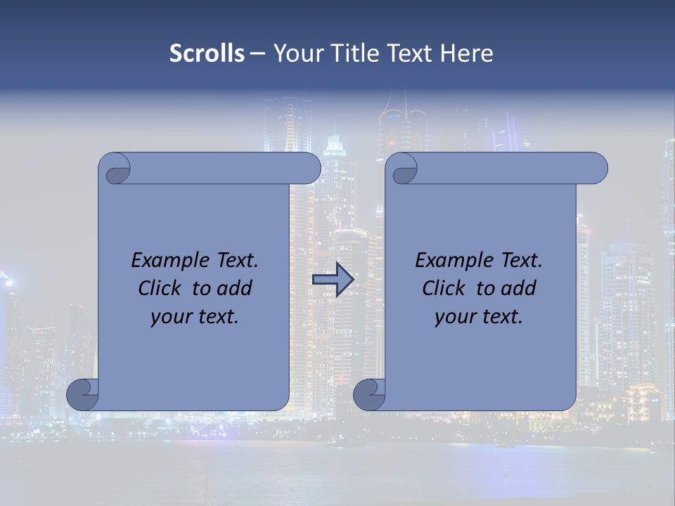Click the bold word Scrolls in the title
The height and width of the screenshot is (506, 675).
(207, 53)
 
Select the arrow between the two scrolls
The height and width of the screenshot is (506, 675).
(333, 280)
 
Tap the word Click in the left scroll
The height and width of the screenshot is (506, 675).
(159, 288)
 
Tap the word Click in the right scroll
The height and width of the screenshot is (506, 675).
(443, 288)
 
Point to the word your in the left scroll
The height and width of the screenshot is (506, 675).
(171, 316)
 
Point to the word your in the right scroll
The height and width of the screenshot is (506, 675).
(455, 316)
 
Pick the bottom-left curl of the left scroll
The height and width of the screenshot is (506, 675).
(83, 394)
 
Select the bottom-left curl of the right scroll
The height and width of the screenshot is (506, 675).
(370, 394)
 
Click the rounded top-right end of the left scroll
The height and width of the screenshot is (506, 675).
(309, 168)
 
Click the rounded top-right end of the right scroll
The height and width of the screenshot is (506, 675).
(596, 168)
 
